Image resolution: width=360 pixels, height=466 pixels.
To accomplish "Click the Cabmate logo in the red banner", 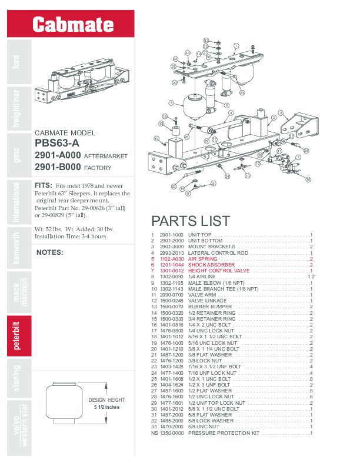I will tap(73, 25).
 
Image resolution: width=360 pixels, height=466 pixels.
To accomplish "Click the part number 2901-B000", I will tap(57, 167).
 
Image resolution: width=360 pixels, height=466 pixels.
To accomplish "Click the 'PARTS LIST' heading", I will tap(191, 221).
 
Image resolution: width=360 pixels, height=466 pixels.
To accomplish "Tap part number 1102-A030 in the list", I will tap(171, 259).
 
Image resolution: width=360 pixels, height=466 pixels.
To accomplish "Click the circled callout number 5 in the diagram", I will tap(171, 102).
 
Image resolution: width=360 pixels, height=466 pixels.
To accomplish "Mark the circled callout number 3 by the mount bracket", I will tap(281, 112).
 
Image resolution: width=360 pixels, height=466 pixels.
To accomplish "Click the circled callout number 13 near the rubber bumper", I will tap(161, 124).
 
